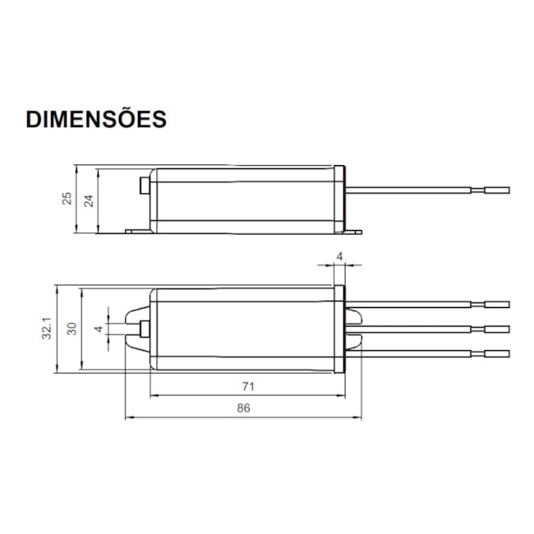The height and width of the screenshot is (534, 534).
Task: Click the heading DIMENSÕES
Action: [x=96, y=118]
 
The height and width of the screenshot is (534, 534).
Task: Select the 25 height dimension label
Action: [x=67, y=198]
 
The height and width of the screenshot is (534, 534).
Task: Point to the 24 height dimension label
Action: [x=90, y=198]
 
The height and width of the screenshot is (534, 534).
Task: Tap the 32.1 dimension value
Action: [x=48, y=329]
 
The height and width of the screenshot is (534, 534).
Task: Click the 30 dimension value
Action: [x=72, y=329]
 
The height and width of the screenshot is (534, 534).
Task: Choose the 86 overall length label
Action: [x=243, y=407]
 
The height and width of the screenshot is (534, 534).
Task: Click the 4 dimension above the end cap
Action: [x=339, y=257]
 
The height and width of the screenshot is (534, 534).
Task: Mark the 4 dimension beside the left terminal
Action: [x=99, y=329]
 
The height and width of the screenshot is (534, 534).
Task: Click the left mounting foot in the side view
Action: [x=136, y=231]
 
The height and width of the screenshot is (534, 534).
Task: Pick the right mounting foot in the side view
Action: [x=352, y=231]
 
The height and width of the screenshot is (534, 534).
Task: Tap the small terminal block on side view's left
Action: [x=145, y=186]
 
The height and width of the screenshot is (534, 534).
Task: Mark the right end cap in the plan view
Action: [x=339, y=329]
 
